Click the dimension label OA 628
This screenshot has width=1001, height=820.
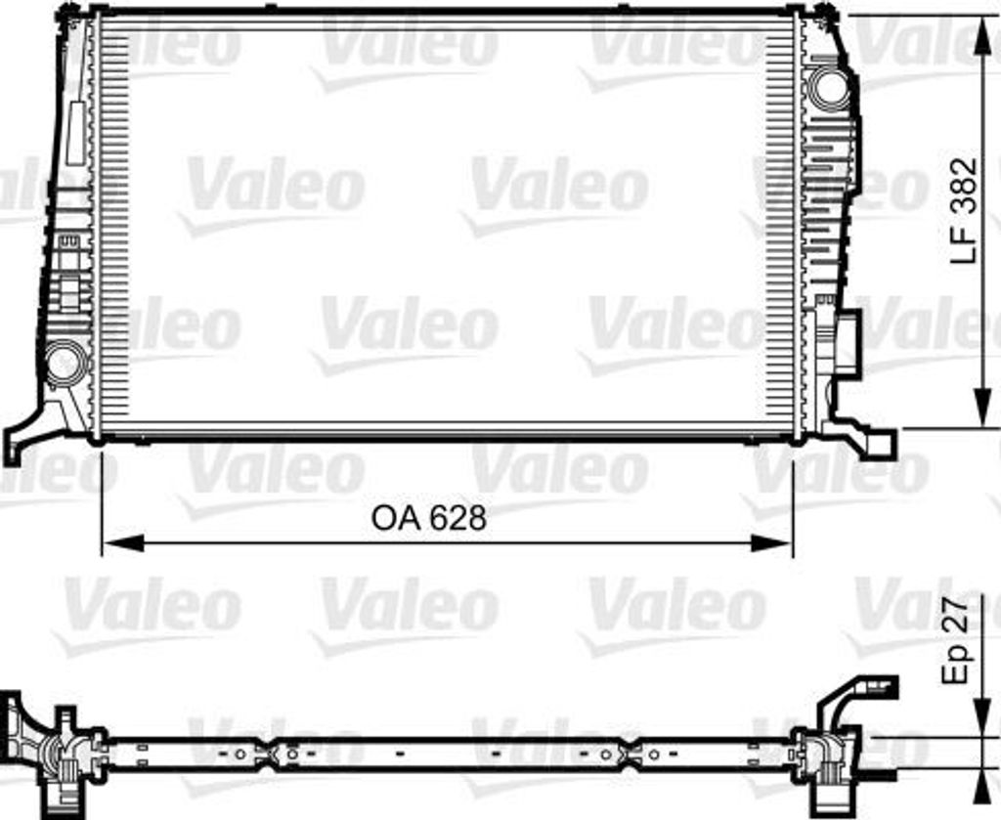pyautogui.click(x=428, y=518)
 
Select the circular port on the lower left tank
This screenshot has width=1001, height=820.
pyautogui.click(x=65, y=363)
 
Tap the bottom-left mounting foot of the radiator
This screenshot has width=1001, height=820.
pyautogui.click(x=22, y=441)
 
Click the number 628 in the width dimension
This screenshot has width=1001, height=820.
pyautogui.click(x=456, y=518)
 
